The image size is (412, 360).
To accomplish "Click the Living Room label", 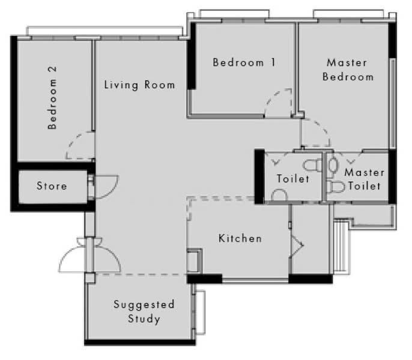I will (139, 85).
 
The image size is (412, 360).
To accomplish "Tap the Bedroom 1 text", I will (244, 62).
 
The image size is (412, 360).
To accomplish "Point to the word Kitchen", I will (240, 239).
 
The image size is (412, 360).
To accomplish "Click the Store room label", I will (52, 186).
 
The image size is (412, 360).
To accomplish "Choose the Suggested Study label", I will (144, 311).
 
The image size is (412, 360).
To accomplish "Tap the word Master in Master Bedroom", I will (347, 62).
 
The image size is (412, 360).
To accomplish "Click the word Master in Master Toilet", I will (365, 173).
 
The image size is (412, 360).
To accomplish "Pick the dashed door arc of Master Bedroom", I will (316, 133).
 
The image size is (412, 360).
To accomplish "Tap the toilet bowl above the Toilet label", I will (311, 164).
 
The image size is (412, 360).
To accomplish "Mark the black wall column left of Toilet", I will (259, 176).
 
